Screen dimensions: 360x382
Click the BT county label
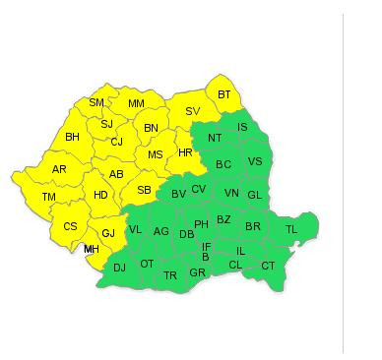tap(224, 94)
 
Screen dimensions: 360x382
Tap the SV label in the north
tap(192, 111)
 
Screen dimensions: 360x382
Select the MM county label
tap(136, 103)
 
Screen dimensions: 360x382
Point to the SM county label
tap(96, 102)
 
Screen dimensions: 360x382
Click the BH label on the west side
tap(72, 137)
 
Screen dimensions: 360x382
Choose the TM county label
tap(48, 198)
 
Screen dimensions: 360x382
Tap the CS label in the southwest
tap(70, 226)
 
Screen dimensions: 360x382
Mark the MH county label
tap(92, 249)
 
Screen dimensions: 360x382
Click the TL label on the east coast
tap(290, 229)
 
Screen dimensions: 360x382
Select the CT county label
tap(268, 266)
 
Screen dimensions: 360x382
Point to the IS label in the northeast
tap(242, 127)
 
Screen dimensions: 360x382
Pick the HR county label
tap(185, 151)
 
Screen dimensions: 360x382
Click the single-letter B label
tap(205, 257)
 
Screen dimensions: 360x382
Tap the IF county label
tap(206, 246)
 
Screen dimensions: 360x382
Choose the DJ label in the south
tap(119, 267)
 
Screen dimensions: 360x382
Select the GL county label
tap(254, 195)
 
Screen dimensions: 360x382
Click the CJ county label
tap(116, 142)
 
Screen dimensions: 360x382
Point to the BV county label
tap(178, 194)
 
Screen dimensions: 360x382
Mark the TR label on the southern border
tap(170, 275)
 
